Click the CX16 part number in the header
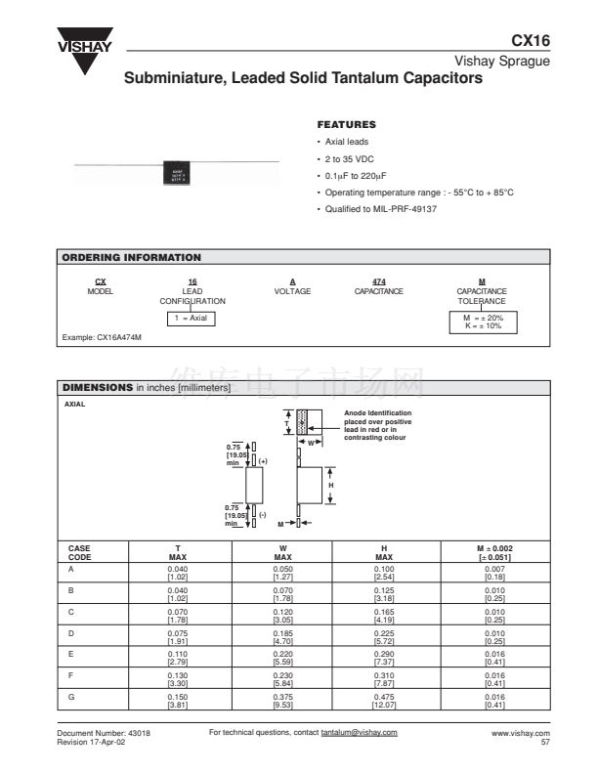tap(531, 41)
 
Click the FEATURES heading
tap(346, 125)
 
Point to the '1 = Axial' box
tap(192, 318)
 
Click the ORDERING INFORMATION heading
tap(132, 258)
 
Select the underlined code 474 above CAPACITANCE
tap(378, 281)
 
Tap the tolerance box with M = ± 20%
tap(482, 322)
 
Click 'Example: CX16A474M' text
tap(102, 337)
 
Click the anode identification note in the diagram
tap(378, 425)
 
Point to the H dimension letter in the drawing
tap(330, 486)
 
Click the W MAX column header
tap(282, 553)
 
